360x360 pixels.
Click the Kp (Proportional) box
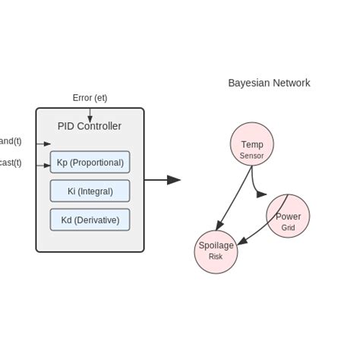click(90, 162)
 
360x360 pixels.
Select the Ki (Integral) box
click(90, 191)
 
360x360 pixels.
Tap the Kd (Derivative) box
click(90, 220)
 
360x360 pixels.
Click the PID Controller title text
click(90, 126)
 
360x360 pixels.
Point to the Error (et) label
click(90, 97)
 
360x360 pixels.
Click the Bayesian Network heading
click(269, 83)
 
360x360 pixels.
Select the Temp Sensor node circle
click(251, 144)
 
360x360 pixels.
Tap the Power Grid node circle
click(288, 216)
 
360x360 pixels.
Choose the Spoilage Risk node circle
click(216, 251)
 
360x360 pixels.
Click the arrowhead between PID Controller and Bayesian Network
click(174, 180)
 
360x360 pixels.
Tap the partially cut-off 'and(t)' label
click(11, 141)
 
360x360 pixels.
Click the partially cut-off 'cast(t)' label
click(11, 163)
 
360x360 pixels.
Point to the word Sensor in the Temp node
click(251, 156)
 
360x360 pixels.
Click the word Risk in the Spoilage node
click(216, 257)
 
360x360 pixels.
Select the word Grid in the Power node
click(288, 228)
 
